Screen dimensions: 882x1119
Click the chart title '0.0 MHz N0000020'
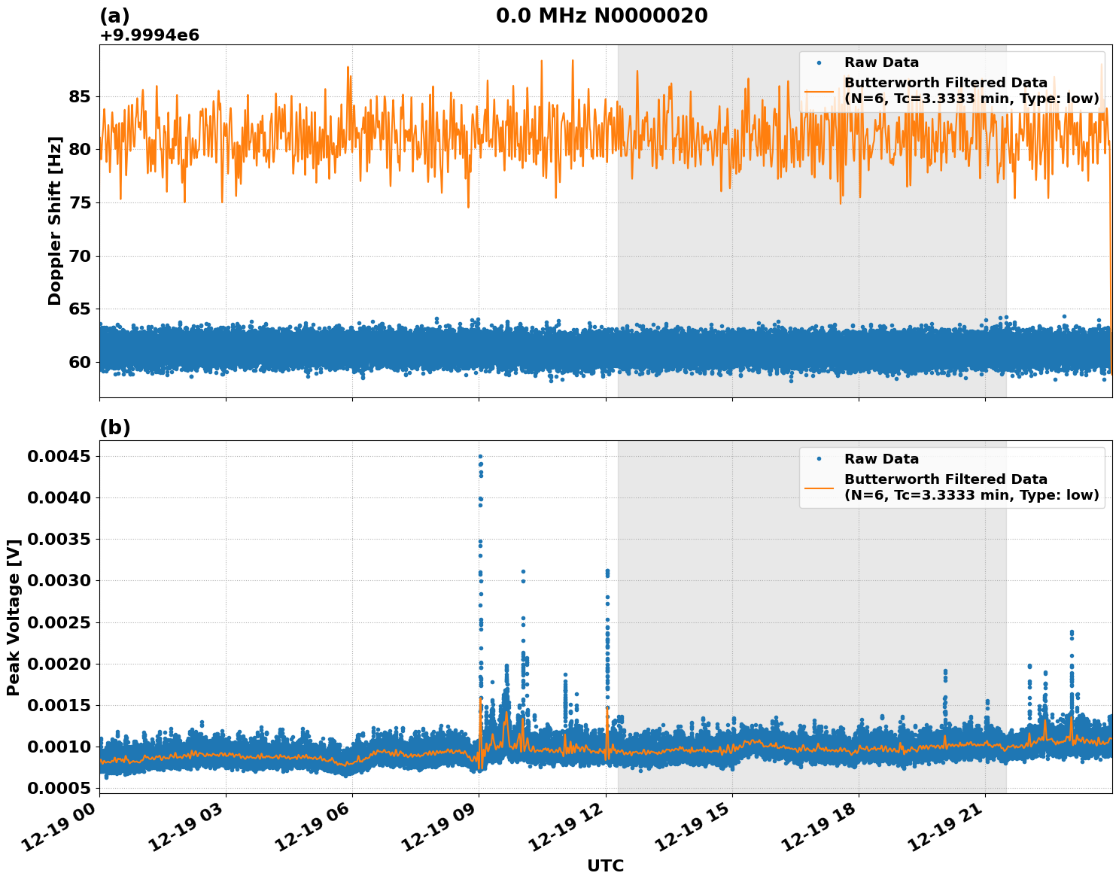(601, 16)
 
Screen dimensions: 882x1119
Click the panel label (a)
(114, 16)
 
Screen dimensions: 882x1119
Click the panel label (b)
(114, 427)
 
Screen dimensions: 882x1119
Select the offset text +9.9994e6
(149, 35)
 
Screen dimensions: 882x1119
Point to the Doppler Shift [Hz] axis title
(55, 220)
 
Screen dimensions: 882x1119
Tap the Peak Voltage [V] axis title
(14, 617)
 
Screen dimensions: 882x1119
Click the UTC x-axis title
(605, 866)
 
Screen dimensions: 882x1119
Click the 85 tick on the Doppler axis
(79, 97)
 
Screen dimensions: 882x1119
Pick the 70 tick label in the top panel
(79, 257)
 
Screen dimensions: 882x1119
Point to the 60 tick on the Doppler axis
(79, 363)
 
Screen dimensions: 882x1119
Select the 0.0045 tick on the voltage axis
(59, 457)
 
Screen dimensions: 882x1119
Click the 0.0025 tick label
(59, 622)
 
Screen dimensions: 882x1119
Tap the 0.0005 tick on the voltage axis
(59, 788)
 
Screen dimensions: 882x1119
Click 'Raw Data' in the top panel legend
(881, 62)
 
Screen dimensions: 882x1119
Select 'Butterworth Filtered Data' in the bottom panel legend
(945, 479)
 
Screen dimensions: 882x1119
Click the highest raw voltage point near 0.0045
(480, 456)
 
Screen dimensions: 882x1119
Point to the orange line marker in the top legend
(819, 90)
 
